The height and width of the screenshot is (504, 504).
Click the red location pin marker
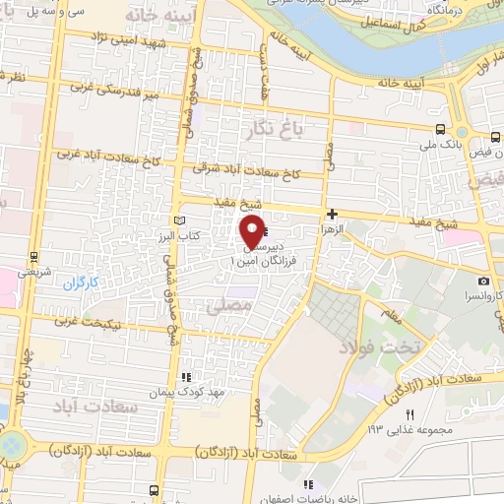(253, 231)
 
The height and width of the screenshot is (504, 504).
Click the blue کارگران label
(84, 283)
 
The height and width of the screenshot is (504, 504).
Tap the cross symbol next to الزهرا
(333, 214)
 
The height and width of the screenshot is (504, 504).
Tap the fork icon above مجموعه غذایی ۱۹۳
(411, 413)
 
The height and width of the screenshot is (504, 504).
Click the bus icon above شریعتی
(34, 256)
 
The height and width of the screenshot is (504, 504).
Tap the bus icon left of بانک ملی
(439, 127)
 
